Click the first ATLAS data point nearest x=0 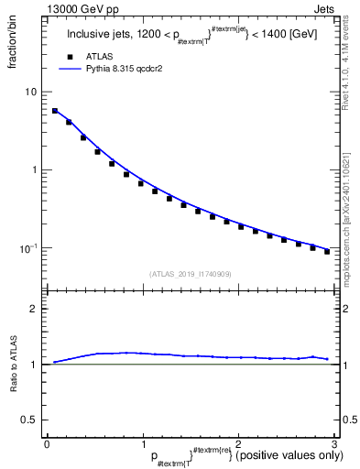click(55, 111)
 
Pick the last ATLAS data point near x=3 click(327, 251)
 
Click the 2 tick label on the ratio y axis click(35, 309)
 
